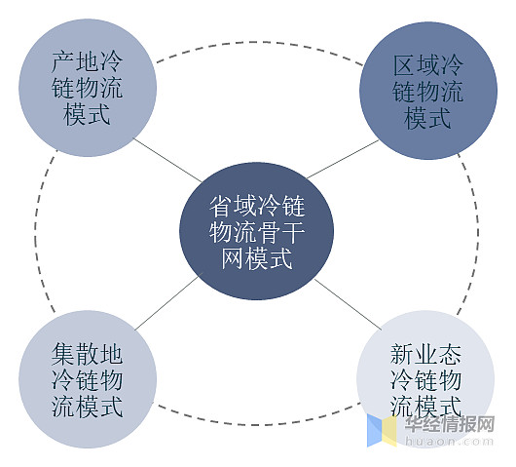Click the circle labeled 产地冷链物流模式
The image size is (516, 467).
(x=88, y=88)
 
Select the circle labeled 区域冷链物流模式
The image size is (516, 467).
(x=428, y=91)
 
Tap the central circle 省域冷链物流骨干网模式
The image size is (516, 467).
(x=256, y=231)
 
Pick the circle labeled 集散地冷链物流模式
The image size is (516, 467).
(x=88, y=379)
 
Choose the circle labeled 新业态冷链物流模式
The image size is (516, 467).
(x=425, y=379)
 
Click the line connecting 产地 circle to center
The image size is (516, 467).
(x=167, y=160)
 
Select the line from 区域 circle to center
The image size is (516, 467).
(x=343, y=159)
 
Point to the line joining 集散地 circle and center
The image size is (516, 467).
(x=167, y=302)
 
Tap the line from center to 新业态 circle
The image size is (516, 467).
(x=348, y=304)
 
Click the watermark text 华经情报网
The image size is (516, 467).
(x=450, y=424)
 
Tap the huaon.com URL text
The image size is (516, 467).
(x=450, y=441)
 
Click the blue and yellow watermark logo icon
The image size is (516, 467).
(x=382, y=430)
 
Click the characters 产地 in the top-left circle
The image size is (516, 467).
(x=75, y=61)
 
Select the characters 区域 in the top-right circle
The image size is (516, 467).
(x=416, y=64)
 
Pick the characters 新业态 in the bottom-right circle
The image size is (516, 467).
(x=425, y=354)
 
